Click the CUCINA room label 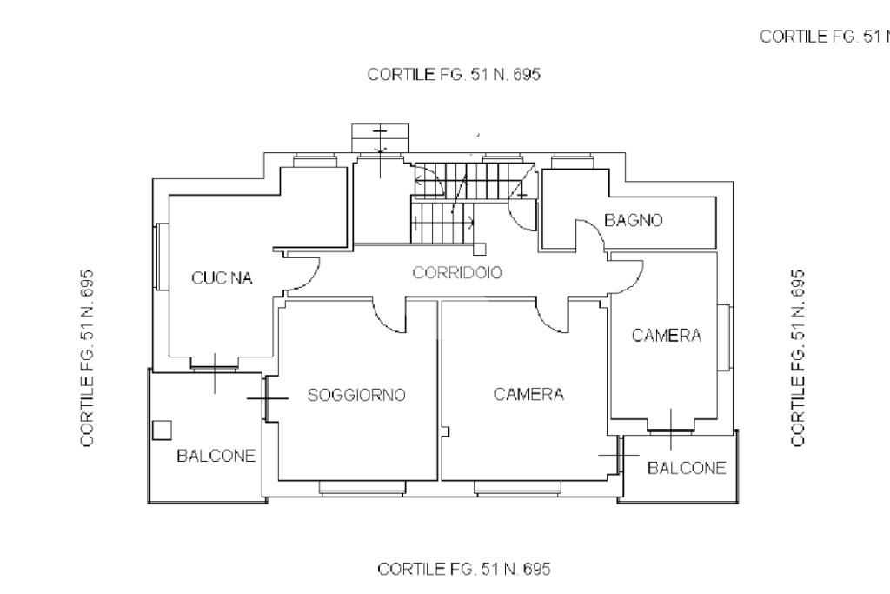pyautogui.click(x=222, y=278)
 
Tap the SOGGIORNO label pyautogui.click(x=356, y=395)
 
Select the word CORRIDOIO pyautogui.click(x=457, y=272)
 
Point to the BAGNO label pyautogui.click(x=633, y=220)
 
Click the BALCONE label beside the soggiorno pyautogui.click(x=216, y=456)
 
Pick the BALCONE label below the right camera pyautogui.click(x=687, y=468)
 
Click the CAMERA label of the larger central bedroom pyautogui.click(x=528, y=394)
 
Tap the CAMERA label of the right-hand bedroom pyautogui.click(x=667, y=335)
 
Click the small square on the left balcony pyautogui.click(x=163, y=430)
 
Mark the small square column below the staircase pyautogui.click(x=480, y=249)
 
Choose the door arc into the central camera pyautogui.click(x=548, y=322)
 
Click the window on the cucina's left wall pyautogui.click(x=162, y=257)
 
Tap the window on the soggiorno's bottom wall pyautogui.click(x=362, y=488)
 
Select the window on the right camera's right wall pyautogui.click(x=725, y=337)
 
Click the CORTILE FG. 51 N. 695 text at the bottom pyautogui.click(x=464, y=569)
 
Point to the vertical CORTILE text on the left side pyautogui.click(x=87, y=357)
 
